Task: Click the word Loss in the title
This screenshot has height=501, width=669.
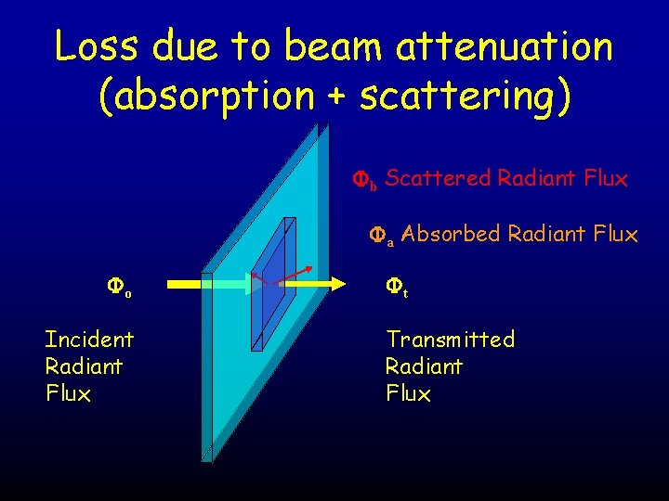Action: [95, 46]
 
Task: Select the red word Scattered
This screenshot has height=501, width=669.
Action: [438, 178]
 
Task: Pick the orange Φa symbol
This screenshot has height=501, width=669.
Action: [382, 237]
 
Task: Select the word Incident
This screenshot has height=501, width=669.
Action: [89, 339]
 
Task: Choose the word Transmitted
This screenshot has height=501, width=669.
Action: [450, 339]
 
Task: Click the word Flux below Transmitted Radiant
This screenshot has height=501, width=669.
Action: [408, 393]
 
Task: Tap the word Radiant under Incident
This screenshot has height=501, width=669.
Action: [84, 366]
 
